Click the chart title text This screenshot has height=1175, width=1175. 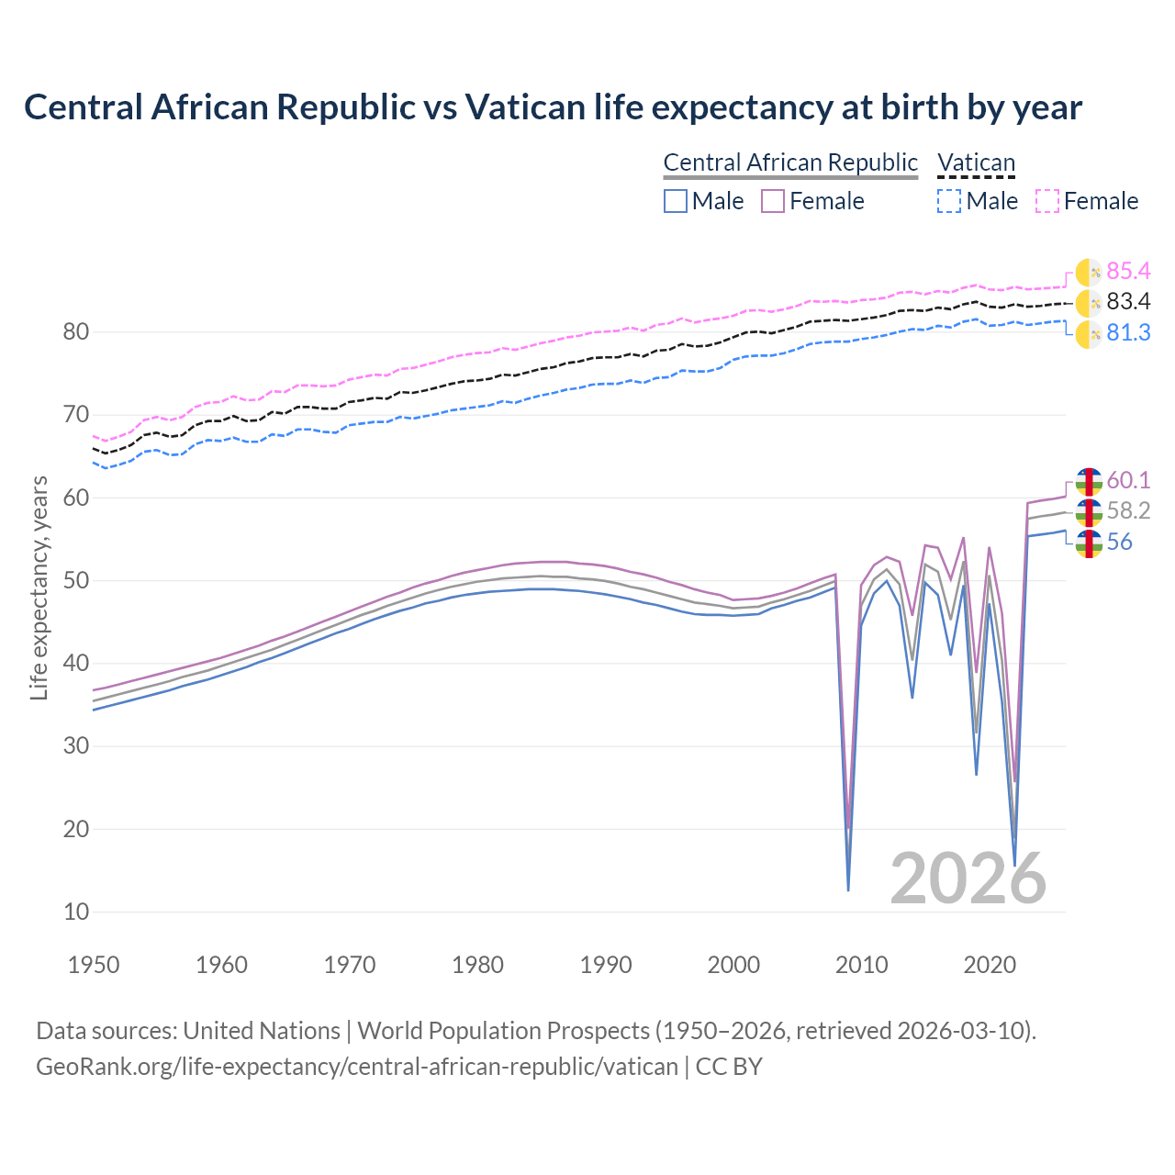(553, 107)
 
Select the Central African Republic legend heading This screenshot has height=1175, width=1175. (790, 162)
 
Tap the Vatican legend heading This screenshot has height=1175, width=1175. (976, 162)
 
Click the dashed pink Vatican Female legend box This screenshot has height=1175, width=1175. (1047, 201)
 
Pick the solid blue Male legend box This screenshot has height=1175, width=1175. (676, 201)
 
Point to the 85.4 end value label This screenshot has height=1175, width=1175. (1128, 271)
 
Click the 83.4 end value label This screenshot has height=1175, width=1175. (1128, 302)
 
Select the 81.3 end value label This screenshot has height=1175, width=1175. (1128, 333)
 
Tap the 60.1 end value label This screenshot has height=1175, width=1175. (1128, 480)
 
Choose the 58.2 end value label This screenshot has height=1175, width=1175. (1128, 511)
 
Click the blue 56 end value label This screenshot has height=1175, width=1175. (1120, 543)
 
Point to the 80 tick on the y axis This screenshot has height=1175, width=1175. (75, 332)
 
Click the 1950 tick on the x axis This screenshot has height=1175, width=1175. (95, 965)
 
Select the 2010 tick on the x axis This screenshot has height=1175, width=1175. (862, 965)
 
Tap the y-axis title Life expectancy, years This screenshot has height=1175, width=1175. (39, 588)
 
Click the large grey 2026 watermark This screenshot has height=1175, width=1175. (968, 878)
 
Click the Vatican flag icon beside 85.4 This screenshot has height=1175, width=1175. (1089, 272)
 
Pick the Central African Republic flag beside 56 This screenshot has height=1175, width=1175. (1089, 543)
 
